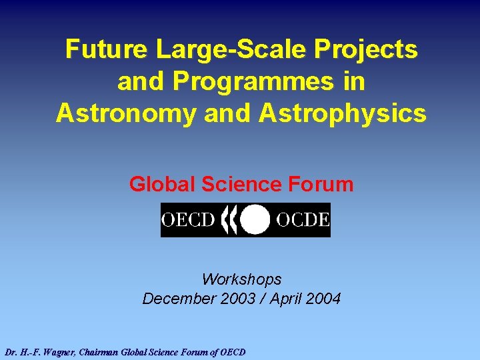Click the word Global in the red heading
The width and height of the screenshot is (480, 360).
pyautogui.click(x=160, y=184)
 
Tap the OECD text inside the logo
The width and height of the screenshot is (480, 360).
pyautogui.click(x=188, y=220)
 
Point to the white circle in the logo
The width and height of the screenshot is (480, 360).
pyautogui.click(x=255, y=220)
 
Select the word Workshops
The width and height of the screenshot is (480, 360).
pyautogui.click(x=241, y=279)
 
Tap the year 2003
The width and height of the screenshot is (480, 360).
pyautogui.click(x=237, y=299)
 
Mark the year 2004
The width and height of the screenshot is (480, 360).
pyautogui.click(x=325, y=299)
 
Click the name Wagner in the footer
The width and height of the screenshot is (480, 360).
pyautogui.click(x=57, y=351)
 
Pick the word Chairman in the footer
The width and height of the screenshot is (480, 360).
pyautogui.click(x=101, y=351)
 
